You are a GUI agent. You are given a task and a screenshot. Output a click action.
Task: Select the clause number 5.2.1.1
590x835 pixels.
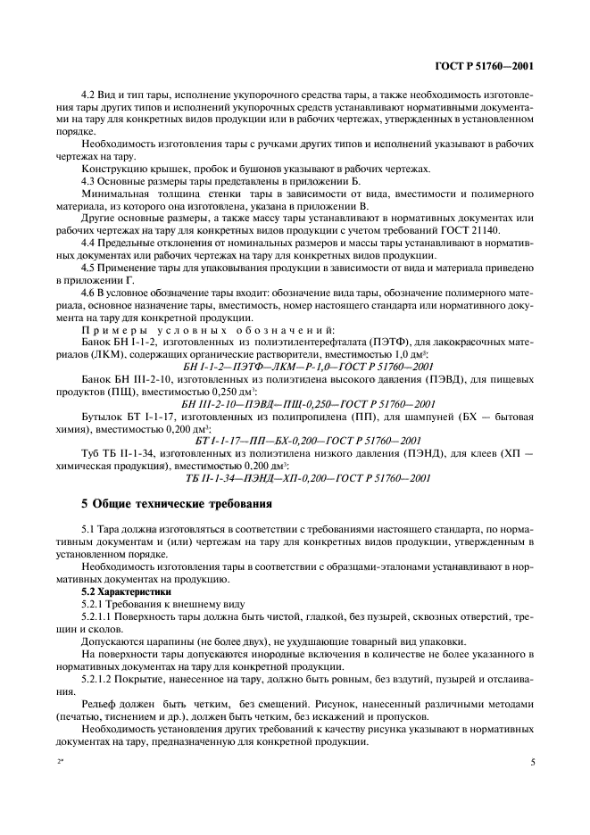pos(98,617)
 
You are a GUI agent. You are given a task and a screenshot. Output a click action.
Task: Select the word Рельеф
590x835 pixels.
pos(102,703)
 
